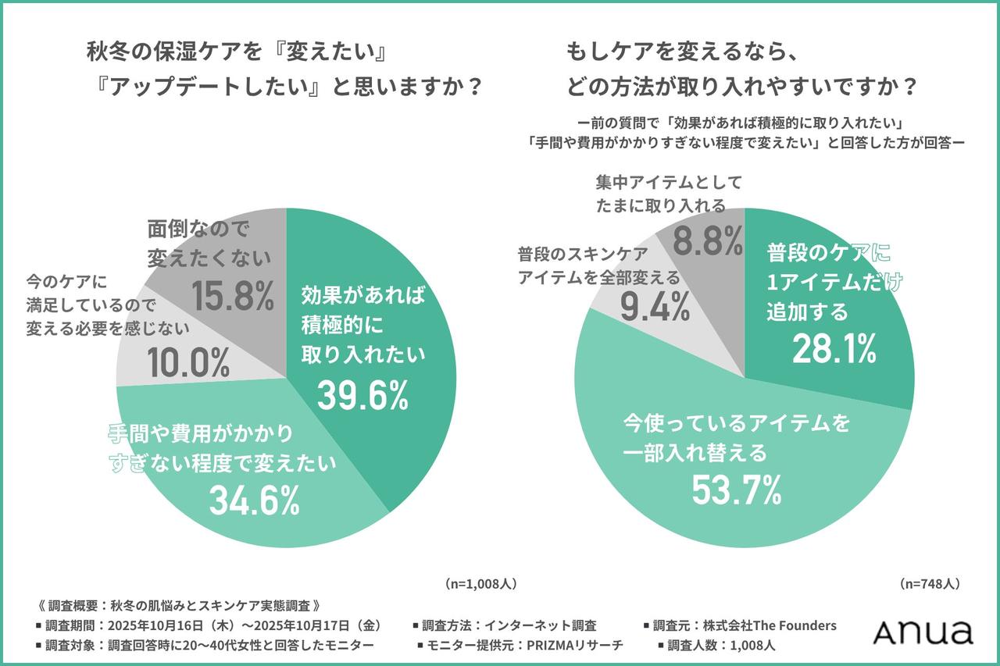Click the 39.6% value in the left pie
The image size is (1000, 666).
[x=362, y=397]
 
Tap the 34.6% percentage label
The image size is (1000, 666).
[x=254, y=500]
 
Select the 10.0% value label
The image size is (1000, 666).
[x=187, y=362]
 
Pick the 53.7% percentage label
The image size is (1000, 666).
[x=736, y=489]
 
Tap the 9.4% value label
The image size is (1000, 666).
[x=655, y=307]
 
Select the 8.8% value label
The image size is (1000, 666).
[x=708, y=243]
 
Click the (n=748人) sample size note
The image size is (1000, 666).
[x=930, y=583]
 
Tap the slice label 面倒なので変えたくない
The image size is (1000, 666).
[x=209, y=242]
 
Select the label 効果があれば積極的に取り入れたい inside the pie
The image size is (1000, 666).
[x=362, y=324]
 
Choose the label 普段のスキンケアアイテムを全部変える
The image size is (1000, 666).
[x=598, y=266]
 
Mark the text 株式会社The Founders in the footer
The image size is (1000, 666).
[x=769, y=625]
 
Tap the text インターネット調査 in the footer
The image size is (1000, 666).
[x=541, y=625]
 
